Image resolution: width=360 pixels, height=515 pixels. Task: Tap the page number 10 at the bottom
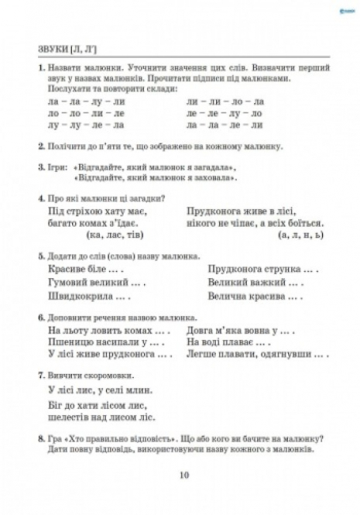pyautogui.click(x=183, y=476)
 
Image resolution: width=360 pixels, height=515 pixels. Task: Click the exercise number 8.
pyautogui.click(x=29, y=438)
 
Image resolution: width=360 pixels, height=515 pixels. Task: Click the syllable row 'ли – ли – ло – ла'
pyautogui.click(x=225, y=101)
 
